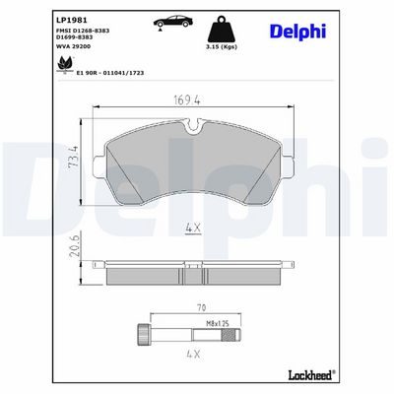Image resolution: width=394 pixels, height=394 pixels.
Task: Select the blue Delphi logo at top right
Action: (x=297, y=32)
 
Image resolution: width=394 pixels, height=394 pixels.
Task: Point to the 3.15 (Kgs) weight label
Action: (x=222, y=46)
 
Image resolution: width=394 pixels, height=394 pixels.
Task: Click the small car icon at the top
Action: (x=173, y=22)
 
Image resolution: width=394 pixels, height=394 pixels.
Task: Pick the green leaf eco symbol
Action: (x=65, y=64)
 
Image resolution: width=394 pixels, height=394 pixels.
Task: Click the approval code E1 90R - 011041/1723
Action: (x=110, y=73)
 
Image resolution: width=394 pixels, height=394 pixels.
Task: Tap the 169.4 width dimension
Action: (x=187, y=100)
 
